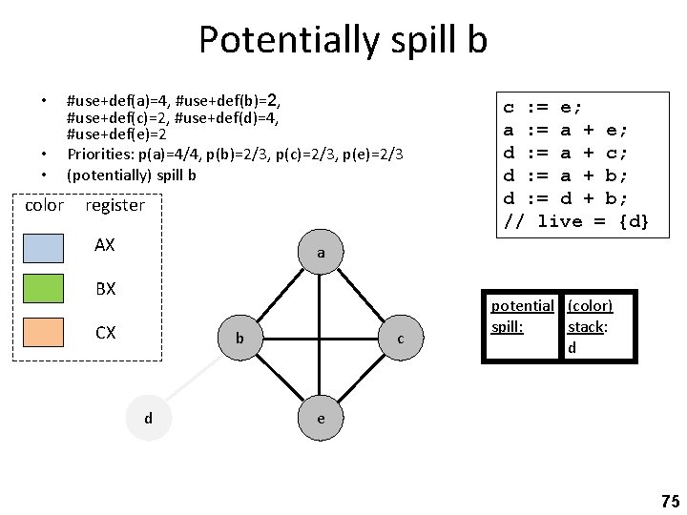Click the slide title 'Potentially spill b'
[x=343, y=40]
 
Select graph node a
[x=322, y=254]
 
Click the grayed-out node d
[x=148, y=418]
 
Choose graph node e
[x=322, y=418]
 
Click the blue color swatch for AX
[x=46, y=246]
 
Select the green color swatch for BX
[x=46, y=288]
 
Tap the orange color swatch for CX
[x=46, y=333]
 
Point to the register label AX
[x=105, y=245]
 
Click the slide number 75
[x=669, y=501]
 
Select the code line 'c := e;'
[x=543, y=108]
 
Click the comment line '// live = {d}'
[x=576, y=222]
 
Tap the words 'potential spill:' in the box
[x=522, y=316]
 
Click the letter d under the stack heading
[x=572, y=348]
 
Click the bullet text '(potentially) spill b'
[x=131, y=175]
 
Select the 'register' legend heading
[x=114, y=205]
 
